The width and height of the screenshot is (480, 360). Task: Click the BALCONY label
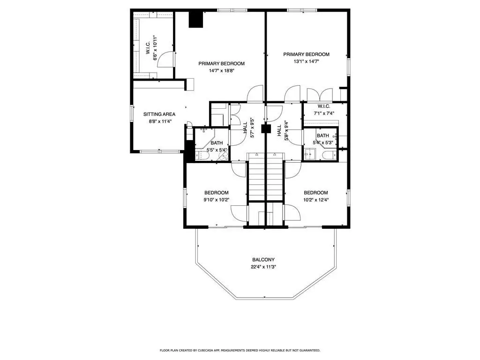coord(263,260)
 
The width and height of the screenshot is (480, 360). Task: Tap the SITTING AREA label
coord(159,114)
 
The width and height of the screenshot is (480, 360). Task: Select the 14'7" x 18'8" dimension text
coord(221,71)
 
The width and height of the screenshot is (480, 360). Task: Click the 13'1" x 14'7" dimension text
coord(306,61)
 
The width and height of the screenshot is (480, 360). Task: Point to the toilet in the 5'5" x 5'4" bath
coord(202,156)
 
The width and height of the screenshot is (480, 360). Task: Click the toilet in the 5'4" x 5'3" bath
coord(329,155)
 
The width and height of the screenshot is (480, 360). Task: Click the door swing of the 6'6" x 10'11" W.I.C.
coord(165,60)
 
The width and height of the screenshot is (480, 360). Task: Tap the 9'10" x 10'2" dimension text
coord(217,200)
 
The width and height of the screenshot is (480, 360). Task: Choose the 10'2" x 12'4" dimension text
coord(316,200)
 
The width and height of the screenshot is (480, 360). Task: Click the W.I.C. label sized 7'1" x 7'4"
coord(323,106)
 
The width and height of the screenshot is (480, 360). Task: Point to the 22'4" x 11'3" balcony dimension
coord(263,267)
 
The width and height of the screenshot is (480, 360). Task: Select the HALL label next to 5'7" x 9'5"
coord(245,127)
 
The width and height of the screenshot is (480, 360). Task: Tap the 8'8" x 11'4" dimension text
coord(160,121)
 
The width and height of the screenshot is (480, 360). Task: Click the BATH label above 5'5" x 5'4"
coord(217,143)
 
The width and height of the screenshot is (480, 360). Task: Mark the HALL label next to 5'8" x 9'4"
coord(279,130)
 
